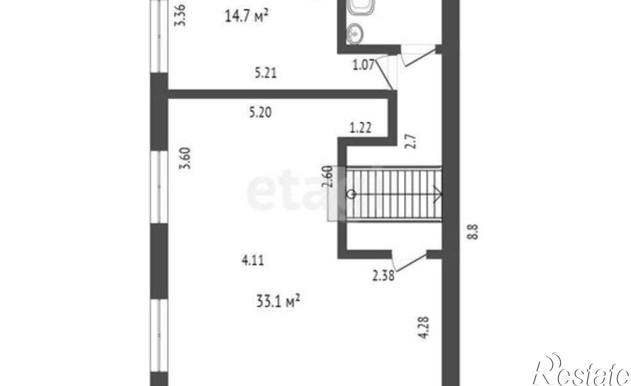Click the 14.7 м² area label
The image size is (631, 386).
pyautogui.click(x=246, y=16)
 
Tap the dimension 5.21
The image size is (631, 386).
pyautogui.click(x=266, y=73)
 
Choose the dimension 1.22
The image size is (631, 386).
pyautogui.click(x=361, y=128)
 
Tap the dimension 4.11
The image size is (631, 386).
pyautogui.click(x=253, y=261)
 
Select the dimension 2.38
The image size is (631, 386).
pyautogui.click(x=383, y=276)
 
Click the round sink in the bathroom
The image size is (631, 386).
pyautogui.click(x=355, y=33)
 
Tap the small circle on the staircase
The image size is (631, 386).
pyautogui.click(x=351, y=194)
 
